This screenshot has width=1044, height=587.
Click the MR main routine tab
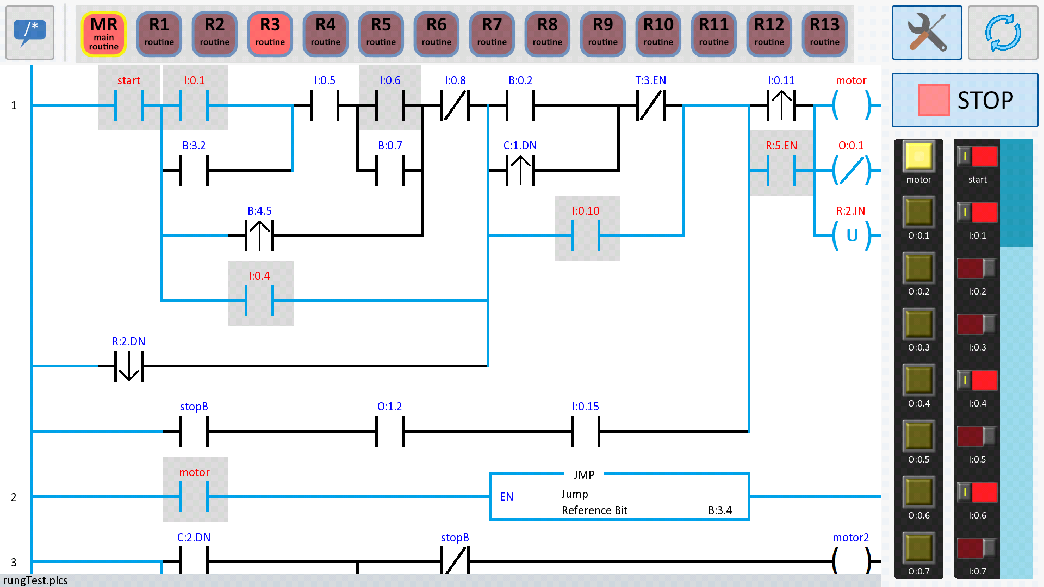(x=104, y=34)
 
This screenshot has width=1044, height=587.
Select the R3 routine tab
(x=270, y=34)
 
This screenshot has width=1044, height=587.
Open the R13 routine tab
(x=824, y=34)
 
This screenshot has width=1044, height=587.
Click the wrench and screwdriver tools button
(x=927, y=33)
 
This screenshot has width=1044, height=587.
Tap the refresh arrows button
(x=1003, y=33)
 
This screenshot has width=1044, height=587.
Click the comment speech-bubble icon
(x=30, y=33)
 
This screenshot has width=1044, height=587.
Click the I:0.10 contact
(x=586, y=235)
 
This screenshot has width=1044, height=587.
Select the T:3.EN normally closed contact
(x=651, y=105)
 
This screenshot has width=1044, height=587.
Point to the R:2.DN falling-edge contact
(x=129, y=366)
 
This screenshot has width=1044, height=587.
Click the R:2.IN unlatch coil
(x=852, y=235)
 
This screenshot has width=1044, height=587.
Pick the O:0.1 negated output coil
(x=852, y=170)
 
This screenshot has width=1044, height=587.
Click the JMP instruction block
(x=619, y=496)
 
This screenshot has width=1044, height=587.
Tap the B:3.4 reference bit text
(x=720, y=510)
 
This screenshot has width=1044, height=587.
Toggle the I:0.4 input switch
(x=977, y=380)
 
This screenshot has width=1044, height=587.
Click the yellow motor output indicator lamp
(x=919, y=157)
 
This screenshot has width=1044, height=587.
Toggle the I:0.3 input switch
(x=977, y=324)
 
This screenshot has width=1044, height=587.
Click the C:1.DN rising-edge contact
(x=520, y=170)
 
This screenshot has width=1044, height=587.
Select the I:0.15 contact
(x=586, y=431)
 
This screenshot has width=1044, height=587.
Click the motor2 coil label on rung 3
(x=850, y=538)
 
